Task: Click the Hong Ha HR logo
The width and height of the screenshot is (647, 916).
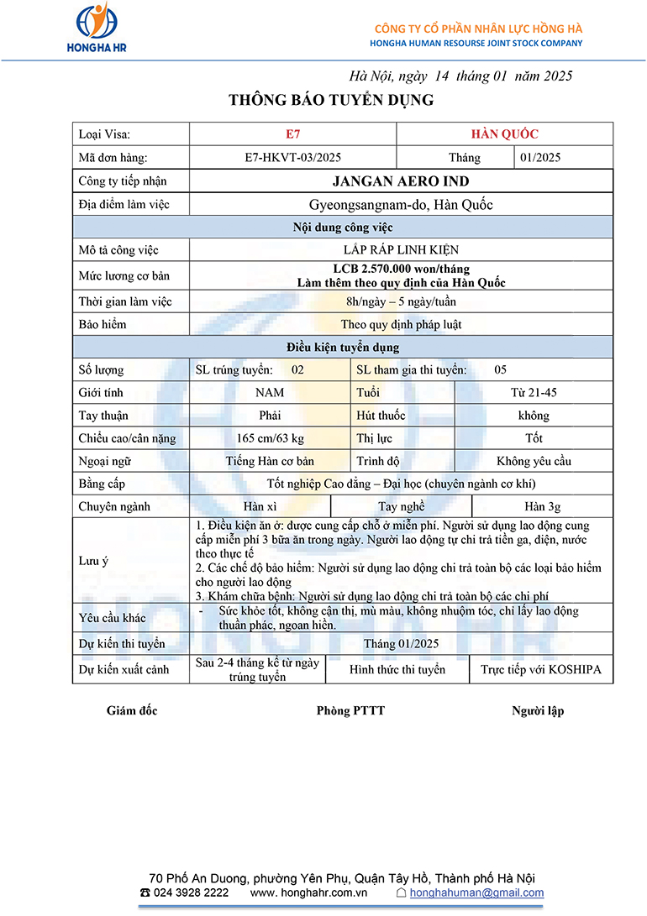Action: [97, 29]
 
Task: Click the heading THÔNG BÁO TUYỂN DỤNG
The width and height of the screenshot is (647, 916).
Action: [331, 101]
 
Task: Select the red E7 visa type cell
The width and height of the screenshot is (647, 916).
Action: [292, 133]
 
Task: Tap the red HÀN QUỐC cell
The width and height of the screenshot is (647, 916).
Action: [504, 133]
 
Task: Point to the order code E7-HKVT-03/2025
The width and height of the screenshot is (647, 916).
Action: [292, 157]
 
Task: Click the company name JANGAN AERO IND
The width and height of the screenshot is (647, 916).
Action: [401, 181]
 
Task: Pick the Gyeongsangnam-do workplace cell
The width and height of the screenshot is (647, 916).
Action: [401, 205]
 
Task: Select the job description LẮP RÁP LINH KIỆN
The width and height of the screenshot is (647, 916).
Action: [401, 250]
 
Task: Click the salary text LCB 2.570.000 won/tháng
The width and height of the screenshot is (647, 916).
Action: [401, 269]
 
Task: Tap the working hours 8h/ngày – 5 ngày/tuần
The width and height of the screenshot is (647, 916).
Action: [401, 301]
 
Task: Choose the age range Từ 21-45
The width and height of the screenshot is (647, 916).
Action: [534, 392]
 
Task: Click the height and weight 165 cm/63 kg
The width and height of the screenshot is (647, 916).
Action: [270, 438]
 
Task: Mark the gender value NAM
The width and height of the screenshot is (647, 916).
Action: [270, 392]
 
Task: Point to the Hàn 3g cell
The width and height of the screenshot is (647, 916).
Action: [542, 506]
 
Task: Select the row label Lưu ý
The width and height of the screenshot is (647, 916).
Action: [94, 560]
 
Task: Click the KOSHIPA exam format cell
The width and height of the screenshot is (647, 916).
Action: [541, 670]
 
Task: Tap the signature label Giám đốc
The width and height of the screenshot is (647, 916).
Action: [132, 711]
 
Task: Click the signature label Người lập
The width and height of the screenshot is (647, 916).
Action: [538, 711]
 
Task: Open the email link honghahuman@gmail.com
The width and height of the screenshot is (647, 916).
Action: [476, 892]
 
